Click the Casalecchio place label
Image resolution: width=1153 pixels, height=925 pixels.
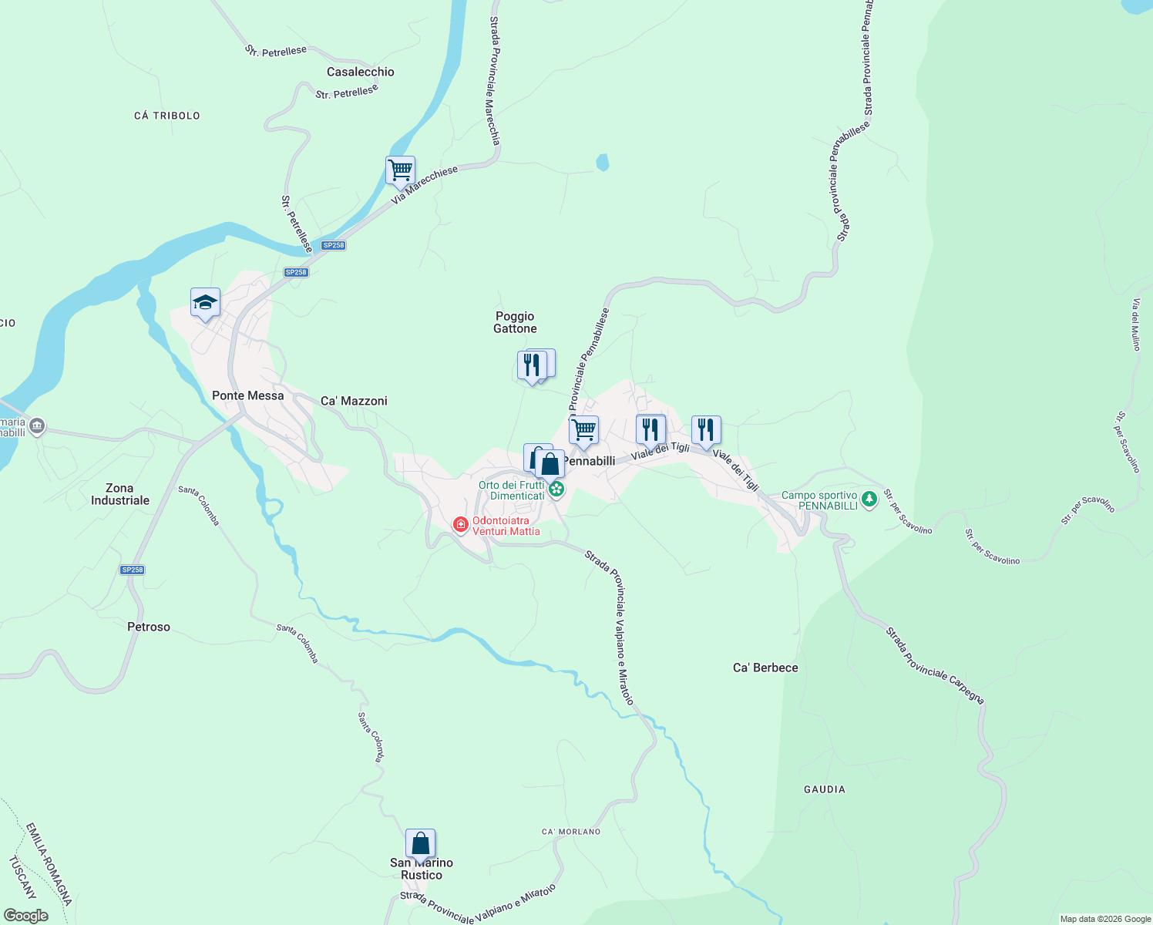click(x=360, y=72)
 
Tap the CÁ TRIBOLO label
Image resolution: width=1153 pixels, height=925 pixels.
click(x=167, y=116)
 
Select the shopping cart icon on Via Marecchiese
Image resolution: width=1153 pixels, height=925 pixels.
click(x=400, y=170)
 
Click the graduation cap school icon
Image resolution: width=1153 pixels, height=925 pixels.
click(x=205, y=302)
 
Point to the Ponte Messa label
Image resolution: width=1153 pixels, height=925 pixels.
click(x=247, y=395)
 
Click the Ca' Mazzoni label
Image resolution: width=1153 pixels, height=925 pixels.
click(x=354, y=401)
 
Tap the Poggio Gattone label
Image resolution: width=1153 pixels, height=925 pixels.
click(x=515, y=322)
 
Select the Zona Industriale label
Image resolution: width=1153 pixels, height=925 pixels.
click(x=120, y=494)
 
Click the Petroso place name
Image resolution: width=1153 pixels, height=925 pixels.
click(x=149, y=627)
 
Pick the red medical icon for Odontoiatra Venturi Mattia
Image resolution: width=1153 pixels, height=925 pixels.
click(x=461, y=525)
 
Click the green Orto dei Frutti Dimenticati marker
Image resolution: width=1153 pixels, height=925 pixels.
click(x=556, y=489)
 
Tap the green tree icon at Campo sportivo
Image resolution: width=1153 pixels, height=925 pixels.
click(x=869, y=499)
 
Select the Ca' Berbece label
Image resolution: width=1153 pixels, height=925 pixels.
click(x=765, y=668)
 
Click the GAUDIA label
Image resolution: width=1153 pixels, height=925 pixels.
click(x=825, y=789)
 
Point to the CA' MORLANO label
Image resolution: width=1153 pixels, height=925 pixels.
click(x=571, y=832)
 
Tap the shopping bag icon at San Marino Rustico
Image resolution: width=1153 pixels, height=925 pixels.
click(x=420, y=843)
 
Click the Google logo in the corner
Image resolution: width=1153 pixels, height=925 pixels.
click(x=25, y=915)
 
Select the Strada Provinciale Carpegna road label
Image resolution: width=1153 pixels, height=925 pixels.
click(x=934, y=665)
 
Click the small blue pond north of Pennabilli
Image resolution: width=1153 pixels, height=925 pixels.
click(x=603, y=162)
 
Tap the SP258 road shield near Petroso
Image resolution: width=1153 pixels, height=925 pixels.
click(x=133, y=570)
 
